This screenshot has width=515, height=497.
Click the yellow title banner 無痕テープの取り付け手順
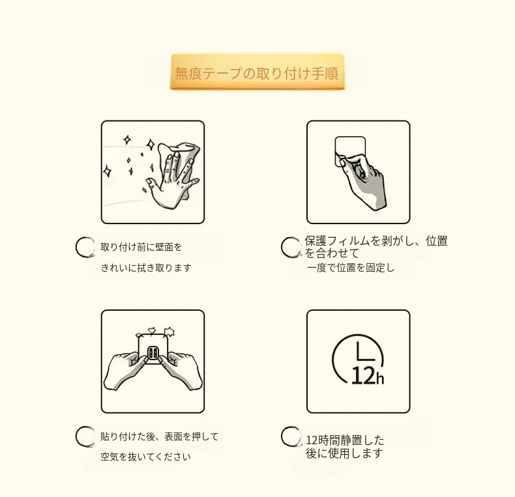[257, 72]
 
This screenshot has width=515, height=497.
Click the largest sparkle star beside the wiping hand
[151, 144]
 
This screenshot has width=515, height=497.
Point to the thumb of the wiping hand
[153, 184]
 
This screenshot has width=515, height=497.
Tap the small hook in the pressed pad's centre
[153, 353]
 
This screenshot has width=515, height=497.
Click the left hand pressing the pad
[125, 370]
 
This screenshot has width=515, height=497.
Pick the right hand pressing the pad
[180, 370]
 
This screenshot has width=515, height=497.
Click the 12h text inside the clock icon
[368, 376]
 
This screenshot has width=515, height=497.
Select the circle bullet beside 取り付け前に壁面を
[85, 246]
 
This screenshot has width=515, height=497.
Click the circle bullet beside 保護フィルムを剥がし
[291, 247]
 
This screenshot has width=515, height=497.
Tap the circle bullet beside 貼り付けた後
[85, 436]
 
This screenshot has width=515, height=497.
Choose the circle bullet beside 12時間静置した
[291, 436]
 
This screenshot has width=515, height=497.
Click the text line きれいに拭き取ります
[146, 268]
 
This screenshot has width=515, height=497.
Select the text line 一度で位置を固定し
[351, 268]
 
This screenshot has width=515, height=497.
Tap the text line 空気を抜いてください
[145, 457]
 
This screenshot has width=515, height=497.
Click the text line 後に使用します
[344, 453]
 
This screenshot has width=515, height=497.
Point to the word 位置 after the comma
[437, 240]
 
